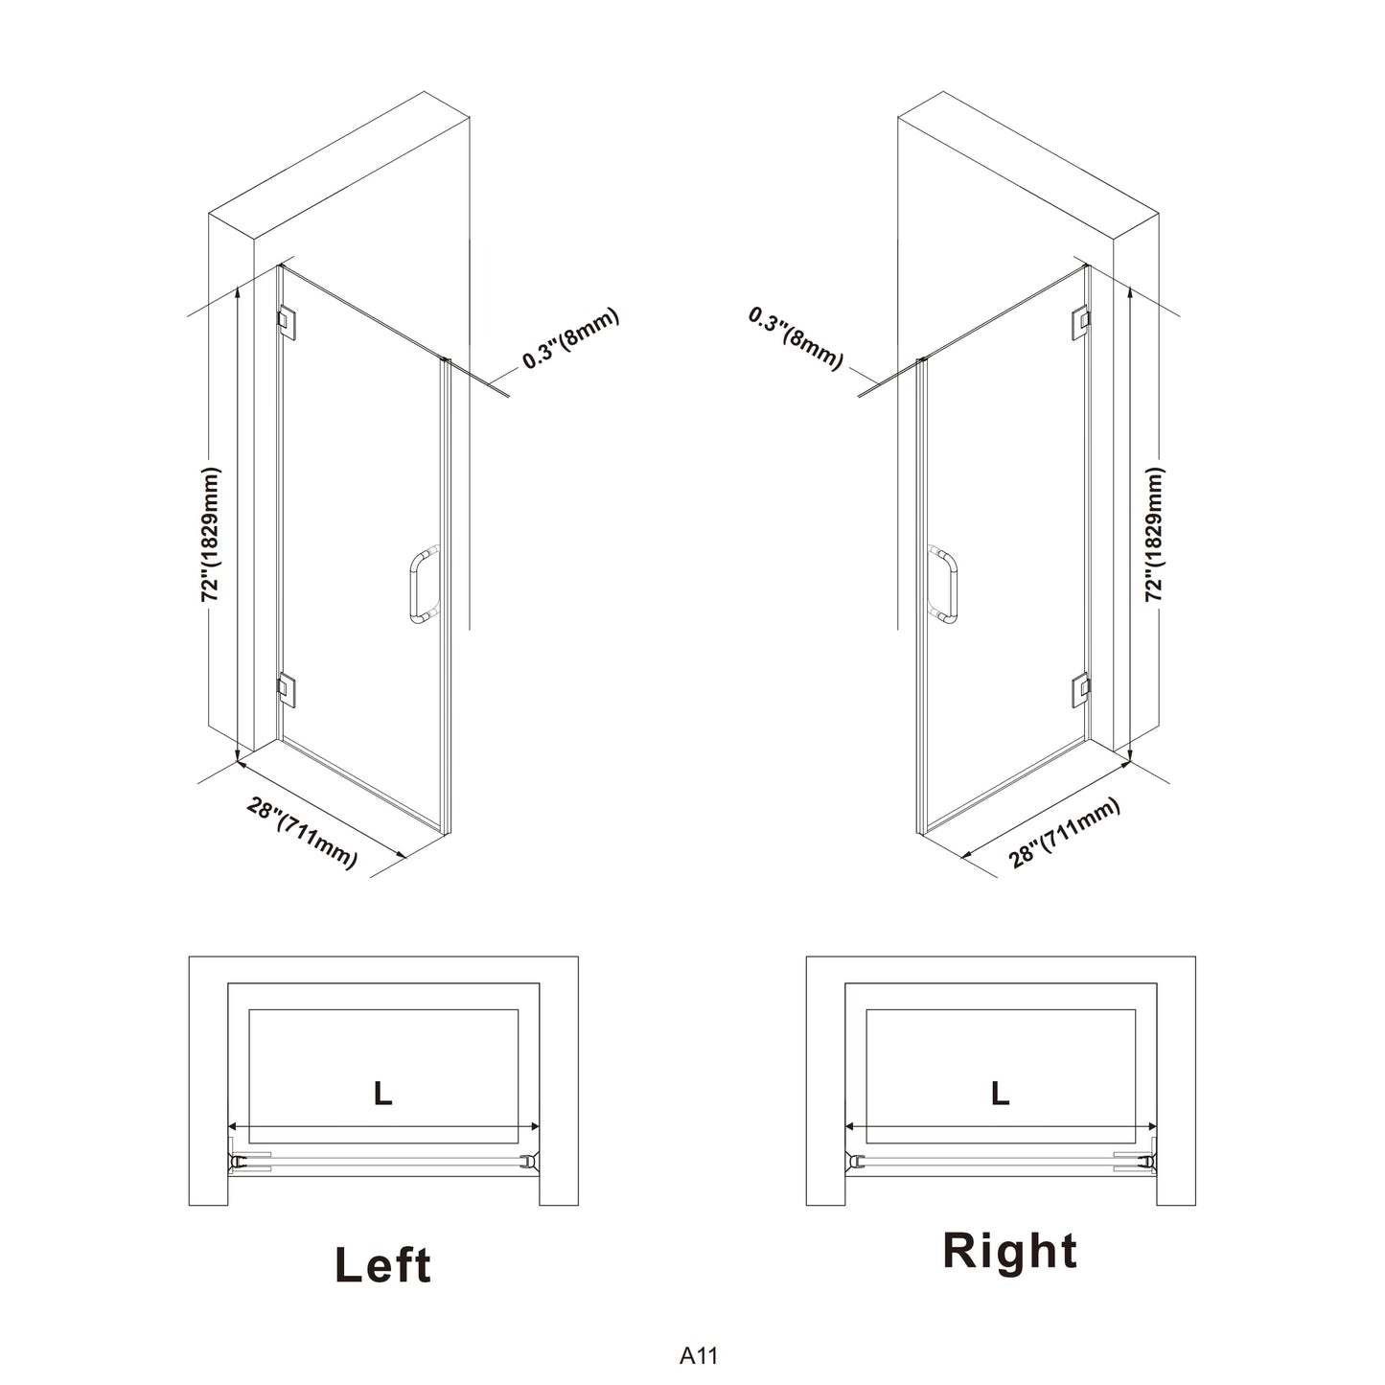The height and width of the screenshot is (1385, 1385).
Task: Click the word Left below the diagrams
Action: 383,1265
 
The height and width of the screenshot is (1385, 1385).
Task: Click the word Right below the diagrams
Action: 1010,1253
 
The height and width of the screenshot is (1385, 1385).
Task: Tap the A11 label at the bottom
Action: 699,1355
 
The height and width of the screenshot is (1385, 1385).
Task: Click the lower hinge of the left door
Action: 288,690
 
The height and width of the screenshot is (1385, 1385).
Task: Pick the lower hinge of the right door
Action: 1079,690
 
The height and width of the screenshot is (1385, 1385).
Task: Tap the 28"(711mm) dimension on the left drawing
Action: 302,833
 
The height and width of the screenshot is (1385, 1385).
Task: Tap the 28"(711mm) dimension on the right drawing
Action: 1065,833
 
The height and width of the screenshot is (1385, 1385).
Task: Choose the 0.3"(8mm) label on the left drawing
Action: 570,337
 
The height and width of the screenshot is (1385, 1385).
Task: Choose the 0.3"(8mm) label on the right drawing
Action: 796,338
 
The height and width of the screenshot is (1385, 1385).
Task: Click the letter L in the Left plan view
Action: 383,1094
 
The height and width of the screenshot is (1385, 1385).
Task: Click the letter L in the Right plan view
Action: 1000,1094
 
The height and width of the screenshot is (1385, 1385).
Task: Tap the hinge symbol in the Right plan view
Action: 1147,1160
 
